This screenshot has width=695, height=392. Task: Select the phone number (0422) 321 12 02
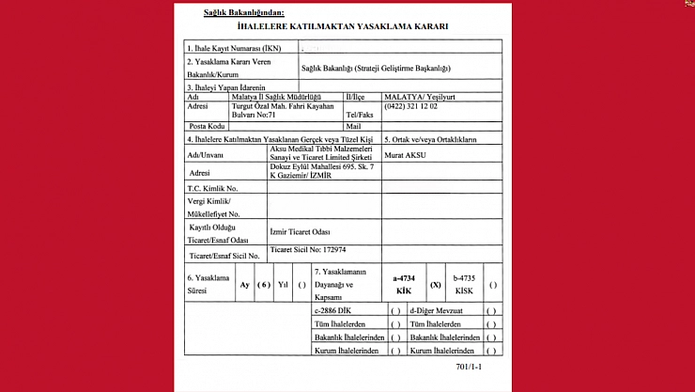410,106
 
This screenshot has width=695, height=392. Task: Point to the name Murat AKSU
406,154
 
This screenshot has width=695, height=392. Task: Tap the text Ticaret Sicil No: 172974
307,250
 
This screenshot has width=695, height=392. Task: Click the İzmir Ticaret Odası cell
301,231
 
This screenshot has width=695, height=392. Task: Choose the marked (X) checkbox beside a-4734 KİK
435,284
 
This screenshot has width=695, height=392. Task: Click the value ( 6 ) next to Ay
264,284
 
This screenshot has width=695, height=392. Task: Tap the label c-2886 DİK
332,309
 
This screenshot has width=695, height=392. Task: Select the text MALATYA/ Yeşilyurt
418,96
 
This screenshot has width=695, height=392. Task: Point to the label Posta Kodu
208,126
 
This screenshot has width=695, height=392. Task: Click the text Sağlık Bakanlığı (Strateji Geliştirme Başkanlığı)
376,68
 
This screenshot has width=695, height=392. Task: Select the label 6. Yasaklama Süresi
208,284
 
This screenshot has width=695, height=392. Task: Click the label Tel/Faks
360,114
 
